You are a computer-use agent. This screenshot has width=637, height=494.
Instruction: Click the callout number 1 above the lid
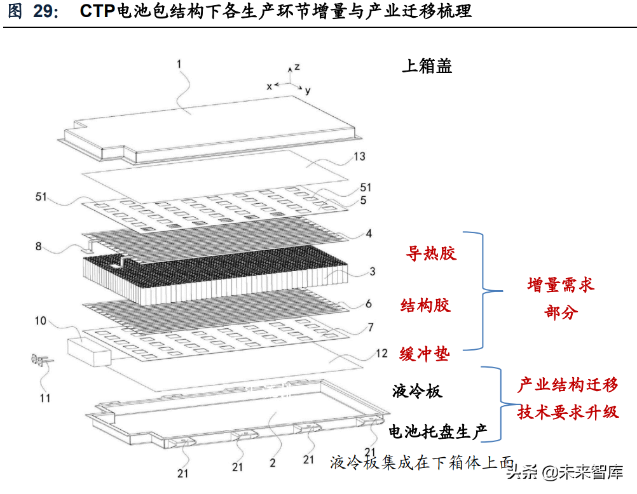pos(179,64)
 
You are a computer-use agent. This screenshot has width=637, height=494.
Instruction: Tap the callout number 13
pos(359,156)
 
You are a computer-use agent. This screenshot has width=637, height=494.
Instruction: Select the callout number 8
pos(39,246)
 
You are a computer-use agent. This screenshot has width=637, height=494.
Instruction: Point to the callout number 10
pos(41,321)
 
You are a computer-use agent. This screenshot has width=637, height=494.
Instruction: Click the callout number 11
pos(45,398)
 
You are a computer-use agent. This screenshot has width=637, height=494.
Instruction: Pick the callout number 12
pos(382,353)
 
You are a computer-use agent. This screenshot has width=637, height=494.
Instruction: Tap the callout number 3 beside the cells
pos(372,272)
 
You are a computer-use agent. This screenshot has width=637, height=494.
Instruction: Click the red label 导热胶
pos(431,253)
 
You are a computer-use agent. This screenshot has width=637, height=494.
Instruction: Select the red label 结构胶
pos(425,305)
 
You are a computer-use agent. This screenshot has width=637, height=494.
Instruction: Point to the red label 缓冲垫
pos(424,354)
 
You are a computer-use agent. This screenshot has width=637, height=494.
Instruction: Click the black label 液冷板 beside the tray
pos(417,391)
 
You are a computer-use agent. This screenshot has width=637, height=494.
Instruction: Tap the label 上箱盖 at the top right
pos(427,66)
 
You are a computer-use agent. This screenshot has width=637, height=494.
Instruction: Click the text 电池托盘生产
pos(437,432)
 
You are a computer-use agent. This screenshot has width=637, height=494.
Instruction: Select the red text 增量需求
pos(561,284)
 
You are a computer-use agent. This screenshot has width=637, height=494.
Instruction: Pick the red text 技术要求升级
pos(568,413)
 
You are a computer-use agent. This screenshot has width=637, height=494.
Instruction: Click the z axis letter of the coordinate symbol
pos(298,67)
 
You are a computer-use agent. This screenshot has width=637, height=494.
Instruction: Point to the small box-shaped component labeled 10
pos(88,352)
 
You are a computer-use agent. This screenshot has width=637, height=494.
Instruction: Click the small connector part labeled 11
pos(41,360)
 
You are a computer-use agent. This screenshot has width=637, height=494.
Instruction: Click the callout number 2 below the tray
pos(273,463)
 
